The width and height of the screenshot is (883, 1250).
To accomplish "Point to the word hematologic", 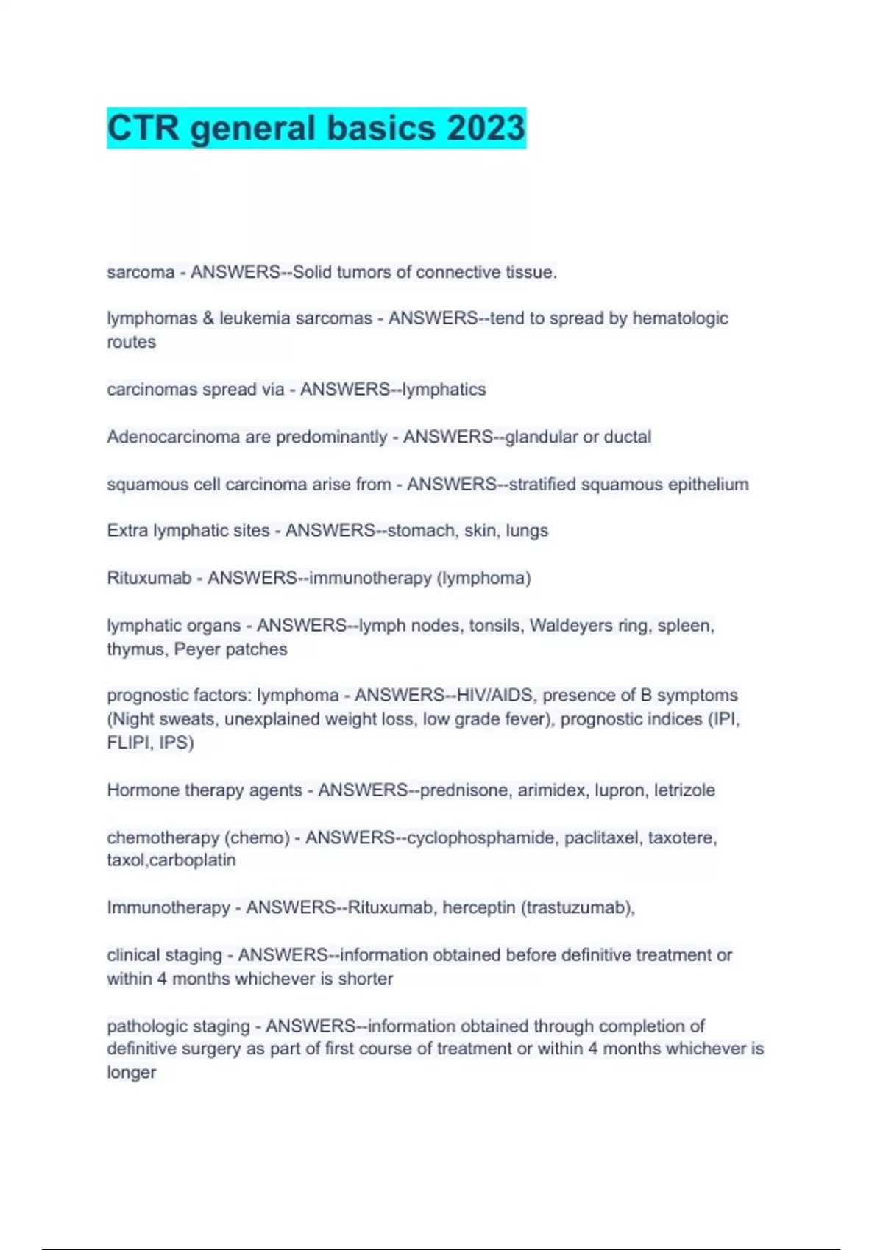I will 680,318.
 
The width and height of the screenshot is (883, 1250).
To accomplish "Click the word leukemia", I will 255,318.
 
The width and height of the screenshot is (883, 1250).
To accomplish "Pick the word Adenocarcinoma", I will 173,437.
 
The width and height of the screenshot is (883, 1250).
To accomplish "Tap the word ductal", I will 627,437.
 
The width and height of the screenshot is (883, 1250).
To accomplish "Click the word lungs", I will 527,531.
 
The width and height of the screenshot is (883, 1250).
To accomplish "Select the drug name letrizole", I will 684,790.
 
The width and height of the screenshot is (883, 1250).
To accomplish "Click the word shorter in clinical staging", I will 365,979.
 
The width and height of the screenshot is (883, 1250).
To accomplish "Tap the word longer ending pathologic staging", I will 131,1073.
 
